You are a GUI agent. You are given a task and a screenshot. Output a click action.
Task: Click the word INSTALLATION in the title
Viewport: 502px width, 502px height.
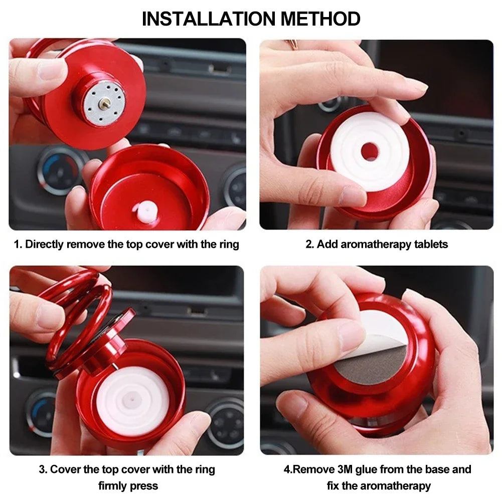click(209, 19)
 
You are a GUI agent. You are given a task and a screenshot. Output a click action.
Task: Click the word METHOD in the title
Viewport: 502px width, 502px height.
click(320, 19)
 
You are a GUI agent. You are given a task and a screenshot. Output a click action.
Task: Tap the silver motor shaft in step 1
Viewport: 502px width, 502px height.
click(105, 103)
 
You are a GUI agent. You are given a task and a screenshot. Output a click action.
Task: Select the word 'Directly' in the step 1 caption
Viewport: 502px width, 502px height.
click(45, 244)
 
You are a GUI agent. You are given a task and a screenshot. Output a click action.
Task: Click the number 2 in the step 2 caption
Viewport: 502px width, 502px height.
click(309, 244)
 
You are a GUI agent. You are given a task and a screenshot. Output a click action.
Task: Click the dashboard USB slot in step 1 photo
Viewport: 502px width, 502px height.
click(220, 69)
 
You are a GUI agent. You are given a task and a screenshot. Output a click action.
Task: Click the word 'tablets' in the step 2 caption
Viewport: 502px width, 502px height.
click(431, 244)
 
